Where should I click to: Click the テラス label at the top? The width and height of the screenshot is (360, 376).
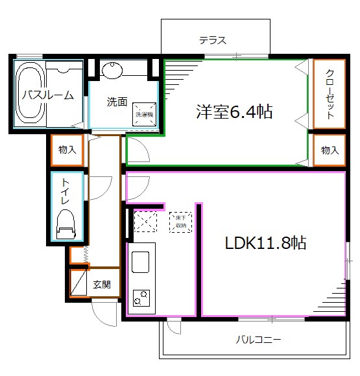pyautogui.click(x=213, y=40)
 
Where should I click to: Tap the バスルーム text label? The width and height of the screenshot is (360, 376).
pyautogui.click(x=47, y=95)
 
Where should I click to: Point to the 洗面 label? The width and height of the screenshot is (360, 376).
pyautogui.click(x=117, y=102)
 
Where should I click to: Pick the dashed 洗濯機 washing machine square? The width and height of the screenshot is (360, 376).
pyautogui.click(x=144, y=114)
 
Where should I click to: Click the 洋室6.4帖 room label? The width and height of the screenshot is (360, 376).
pyautogui.click(x=234, y=112)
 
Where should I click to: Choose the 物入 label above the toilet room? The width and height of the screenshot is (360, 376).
pyautogui.click(x=67, y=150)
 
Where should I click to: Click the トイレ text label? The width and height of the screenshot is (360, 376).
pyautogui.click(x=65, y=193)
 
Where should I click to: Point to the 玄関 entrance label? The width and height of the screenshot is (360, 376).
pyautogui.click(x=102, y=284)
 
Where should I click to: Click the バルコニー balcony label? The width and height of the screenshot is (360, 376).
pyautogui.click(x=258, y=338)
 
